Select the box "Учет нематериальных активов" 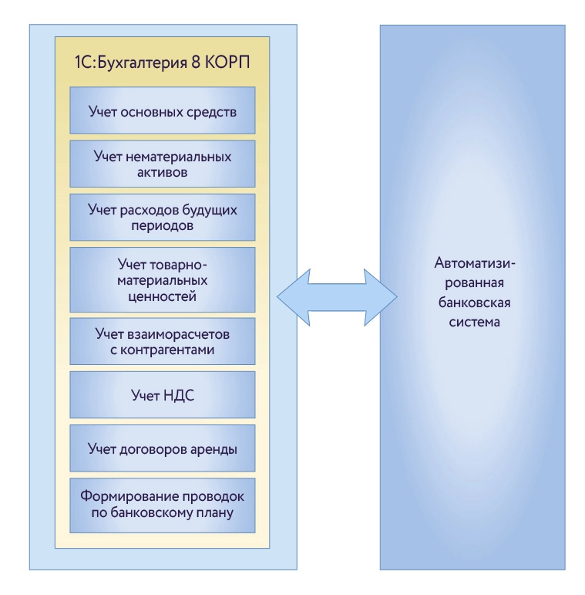pos(162,164)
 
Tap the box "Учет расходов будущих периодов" pos(162,218)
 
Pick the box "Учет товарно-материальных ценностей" pos(162,279)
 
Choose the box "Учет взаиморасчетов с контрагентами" pos(162,342)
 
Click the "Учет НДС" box pos(162,396)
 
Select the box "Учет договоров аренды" pos(162,449)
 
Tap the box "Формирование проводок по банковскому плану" pos(162,505)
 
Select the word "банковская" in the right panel pos(473,302)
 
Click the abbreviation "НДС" pos(180,396)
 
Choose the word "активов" pos(163,173)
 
